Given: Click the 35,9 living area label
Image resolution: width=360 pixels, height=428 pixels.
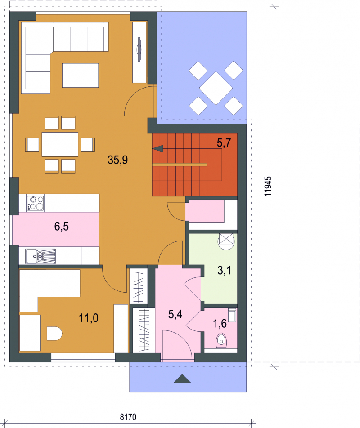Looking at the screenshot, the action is click(118, 160).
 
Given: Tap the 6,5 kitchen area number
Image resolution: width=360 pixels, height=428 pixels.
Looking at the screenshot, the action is click(62, 226).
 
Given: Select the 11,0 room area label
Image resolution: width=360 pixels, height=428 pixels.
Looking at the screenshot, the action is click(89, 318).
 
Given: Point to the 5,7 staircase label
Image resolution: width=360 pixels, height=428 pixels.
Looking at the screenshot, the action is click(224, 143).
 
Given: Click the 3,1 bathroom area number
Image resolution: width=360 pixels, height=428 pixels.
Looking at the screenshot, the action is click(224, 270).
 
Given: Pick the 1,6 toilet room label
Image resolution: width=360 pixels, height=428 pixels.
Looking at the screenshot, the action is click(220, 323).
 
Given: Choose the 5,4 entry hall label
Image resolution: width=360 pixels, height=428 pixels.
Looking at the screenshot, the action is click(175, 314).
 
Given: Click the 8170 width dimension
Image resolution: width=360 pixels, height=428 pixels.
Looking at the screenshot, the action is click(128, 417).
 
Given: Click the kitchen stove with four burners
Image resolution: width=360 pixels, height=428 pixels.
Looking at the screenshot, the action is click(36, 203).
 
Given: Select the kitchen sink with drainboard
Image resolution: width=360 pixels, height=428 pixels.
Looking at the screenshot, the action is click(40, 256).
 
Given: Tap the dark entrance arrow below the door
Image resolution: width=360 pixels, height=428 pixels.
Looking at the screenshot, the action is click(182, 379).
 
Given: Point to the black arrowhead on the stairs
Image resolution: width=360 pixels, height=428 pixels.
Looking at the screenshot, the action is click(158, 148).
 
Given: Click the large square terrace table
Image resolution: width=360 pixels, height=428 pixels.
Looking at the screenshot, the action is click(216, 88).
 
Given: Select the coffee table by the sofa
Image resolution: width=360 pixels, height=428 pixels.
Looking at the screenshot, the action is click(80, 76).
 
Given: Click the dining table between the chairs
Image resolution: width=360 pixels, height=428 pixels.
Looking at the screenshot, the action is click(60, 144).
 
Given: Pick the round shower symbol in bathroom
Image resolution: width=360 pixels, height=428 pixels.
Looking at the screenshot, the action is click(226, 241).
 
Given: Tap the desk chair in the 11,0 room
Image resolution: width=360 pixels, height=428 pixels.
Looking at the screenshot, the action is click(54, 333).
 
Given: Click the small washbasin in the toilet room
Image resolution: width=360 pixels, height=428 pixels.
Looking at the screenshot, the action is click(233, 315).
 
